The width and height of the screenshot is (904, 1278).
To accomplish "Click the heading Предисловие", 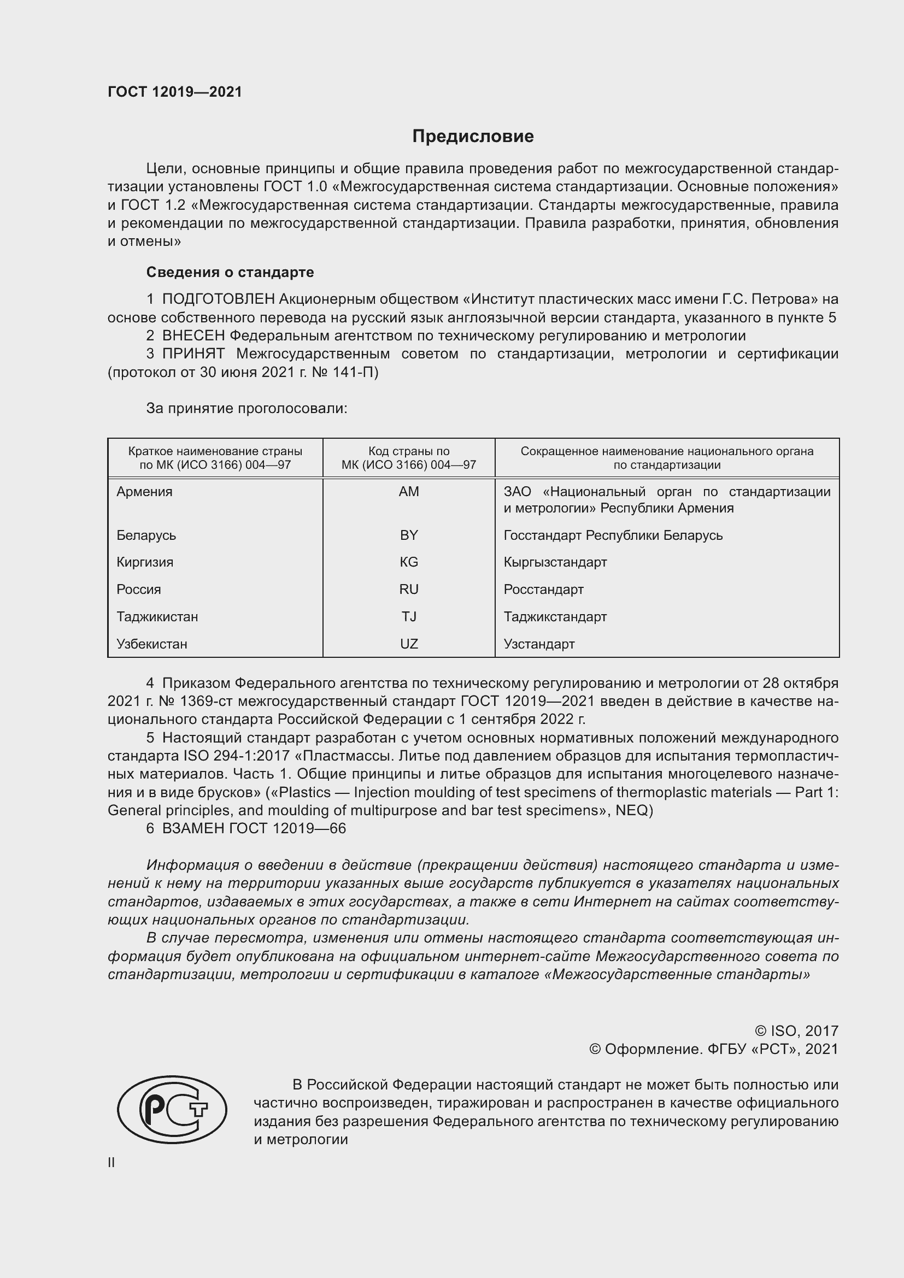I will pos(473,137).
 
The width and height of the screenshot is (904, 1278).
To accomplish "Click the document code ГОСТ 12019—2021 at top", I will pos(175,92).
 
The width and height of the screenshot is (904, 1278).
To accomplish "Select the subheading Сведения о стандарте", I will pos(230,272).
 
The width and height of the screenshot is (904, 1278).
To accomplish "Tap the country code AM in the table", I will pos(409,492).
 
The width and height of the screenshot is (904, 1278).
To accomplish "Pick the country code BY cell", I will pos(409,535).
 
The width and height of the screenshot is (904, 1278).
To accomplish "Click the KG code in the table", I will pos(409,562).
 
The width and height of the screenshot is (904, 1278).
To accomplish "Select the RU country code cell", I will pos(409,590).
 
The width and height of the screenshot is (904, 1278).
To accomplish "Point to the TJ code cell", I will pos(409,617).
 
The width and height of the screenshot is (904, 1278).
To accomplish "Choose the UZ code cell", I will pos(409,644).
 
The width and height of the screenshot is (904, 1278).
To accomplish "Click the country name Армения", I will pos(144,492).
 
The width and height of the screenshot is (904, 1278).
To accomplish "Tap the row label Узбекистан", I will pos(151,644).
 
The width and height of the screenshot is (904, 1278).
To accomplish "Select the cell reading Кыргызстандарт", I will pos(555,562).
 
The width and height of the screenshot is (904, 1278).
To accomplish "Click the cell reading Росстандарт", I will pos(543,590).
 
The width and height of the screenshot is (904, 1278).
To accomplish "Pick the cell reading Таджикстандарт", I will pos(555,617).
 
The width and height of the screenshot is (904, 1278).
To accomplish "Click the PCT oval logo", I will pos(172,1109).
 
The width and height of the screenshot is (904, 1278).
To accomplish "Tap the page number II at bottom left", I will pos(111,1162).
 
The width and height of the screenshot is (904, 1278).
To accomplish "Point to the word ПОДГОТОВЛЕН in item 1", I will pos(218,299).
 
